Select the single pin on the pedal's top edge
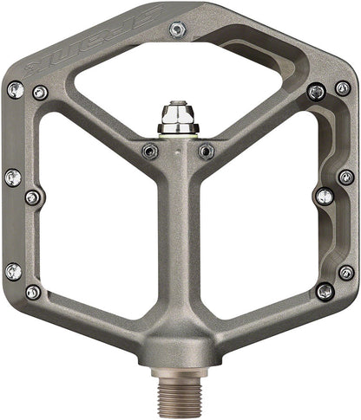coord(178,29)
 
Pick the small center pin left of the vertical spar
coord(149,151)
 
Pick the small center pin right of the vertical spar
coord(206,152)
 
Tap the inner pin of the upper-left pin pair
coord(39,92)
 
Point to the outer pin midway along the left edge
coord(12,178)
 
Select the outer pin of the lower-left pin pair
coord(12,272)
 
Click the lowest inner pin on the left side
coord(33,292)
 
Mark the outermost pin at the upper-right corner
coord(343,87)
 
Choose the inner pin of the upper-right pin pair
coord(318,91)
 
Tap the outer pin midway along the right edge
coord(345,177)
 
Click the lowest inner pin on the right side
coord(325,291)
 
